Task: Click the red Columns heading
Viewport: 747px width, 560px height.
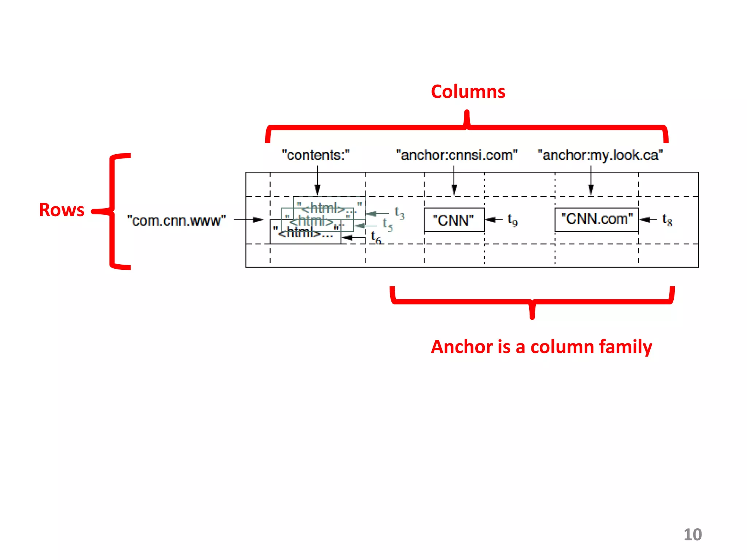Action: pyautogui.click(x=468, y=92)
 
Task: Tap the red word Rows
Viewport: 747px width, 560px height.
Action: pyautogui.click(x=62, y=210)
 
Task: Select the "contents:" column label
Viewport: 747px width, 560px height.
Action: pyautogui.click(x=316, y=155)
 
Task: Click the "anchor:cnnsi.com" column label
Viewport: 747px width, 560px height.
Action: pyautogui.click(x=457, y=155)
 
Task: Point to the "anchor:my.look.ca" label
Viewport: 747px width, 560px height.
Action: pyautogui.click(x=600, y=155)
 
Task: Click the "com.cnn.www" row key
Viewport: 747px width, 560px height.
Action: pyautogui.click(x=177, y=221)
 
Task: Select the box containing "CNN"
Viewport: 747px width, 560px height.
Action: pyautogui.click(x=454, y=220)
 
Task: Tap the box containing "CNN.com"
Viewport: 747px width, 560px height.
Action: pyautogui.click(x=596, y=219)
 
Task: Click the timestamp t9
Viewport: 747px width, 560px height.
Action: pyautogui.click(x=512, y=220)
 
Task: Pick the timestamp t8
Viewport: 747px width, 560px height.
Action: pyautogui.click(x=667, y=220)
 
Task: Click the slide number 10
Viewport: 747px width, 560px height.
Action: pyautogui.click(x=692, y=534)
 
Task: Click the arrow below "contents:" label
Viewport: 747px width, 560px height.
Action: pyautogui.click(x=317, y=180)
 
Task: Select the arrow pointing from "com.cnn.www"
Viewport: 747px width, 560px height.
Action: pyautogui.click(x=248, y=220)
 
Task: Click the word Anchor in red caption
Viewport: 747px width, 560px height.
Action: pyautogui.click(x=461, y=347)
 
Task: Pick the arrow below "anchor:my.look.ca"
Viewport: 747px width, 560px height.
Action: pyautogui.click(x=591, y=180)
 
